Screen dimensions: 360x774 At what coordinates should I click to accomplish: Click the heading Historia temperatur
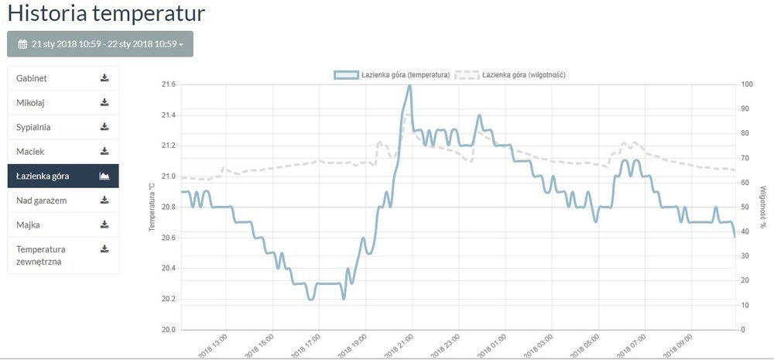107,13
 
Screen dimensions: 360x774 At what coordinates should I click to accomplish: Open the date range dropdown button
100,44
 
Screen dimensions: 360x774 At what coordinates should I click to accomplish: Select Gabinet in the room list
32,78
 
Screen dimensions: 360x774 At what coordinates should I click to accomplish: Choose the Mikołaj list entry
32,102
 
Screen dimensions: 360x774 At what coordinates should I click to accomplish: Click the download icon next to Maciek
104,151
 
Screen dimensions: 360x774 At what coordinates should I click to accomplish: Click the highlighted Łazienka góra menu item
43,176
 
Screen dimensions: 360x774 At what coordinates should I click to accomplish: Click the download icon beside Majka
104,225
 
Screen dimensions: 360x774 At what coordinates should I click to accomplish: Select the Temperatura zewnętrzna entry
44,255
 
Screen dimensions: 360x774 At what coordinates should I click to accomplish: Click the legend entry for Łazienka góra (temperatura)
392,75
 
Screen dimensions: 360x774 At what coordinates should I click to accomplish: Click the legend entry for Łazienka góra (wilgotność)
514,75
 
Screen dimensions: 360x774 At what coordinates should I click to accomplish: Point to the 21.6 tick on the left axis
167,84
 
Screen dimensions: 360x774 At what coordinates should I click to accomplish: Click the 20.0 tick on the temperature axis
167,330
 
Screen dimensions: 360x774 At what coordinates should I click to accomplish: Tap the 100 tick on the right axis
747,84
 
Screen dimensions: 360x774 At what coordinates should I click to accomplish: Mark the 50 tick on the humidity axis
745,207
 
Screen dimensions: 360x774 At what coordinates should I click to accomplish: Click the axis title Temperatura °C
152,207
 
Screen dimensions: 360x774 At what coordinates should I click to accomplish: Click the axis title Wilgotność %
762,207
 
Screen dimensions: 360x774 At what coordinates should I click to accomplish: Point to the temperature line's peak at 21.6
409,85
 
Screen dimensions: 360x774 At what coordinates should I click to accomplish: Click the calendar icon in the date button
22,44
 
